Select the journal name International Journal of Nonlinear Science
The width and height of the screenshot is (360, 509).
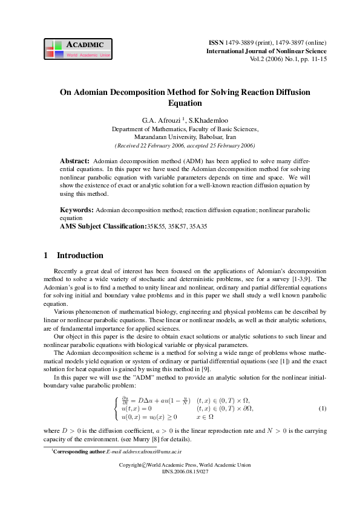266,51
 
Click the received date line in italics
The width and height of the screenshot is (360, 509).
185,146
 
